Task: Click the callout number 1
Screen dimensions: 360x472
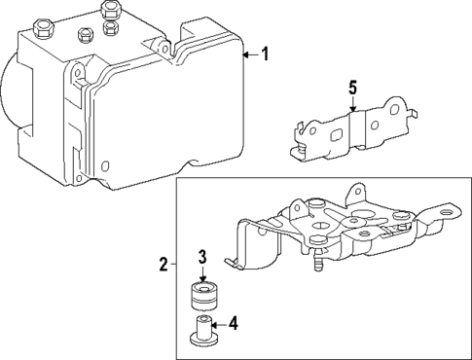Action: click(x=267, y=55)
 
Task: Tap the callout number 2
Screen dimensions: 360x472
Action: click(x=164, y=263)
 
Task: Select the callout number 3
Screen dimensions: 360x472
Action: click(x=201, y=257)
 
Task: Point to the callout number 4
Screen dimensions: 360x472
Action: click(x=234, y=324)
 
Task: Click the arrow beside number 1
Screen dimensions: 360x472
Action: click(x=250, y=55)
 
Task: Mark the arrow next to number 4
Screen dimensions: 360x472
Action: click(x=218, y=324)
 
